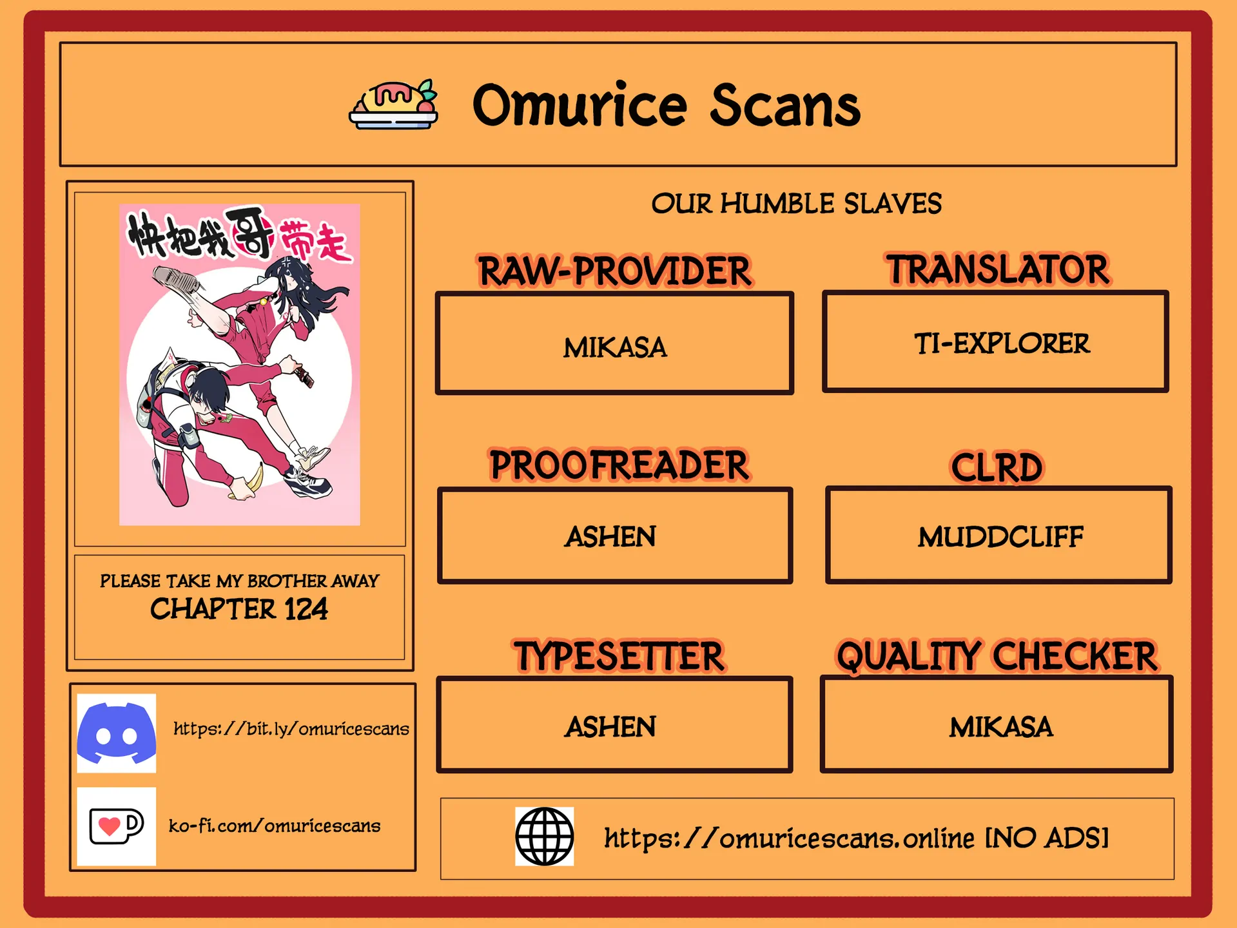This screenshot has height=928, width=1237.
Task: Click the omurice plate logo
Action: [x=394, y=104]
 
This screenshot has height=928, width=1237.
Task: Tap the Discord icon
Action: [x=116, y=733]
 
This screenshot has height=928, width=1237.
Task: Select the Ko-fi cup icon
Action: [x=116, y=826]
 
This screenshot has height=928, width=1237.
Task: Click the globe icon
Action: [x=544, y=836]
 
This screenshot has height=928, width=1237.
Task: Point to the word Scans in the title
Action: [x=784, y=106]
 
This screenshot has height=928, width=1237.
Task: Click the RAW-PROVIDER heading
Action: [x=614, y=271]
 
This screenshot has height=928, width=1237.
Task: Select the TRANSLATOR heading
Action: [x=997, y=269]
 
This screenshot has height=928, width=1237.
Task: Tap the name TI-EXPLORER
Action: [x=1002, y=343]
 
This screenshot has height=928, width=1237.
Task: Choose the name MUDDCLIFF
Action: [x=1000, y=537]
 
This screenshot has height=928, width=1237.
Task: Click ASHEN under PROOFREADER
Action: [x=610, y=537]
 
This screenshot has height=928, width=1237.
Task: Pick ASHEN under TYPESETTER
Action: [x=610, y=727]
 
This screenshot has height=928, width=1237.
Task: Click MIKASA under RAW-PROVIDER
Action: [x=615, y=348]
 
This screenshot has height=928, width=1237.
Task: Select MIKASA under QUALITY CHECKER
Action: [x=1000, y=728]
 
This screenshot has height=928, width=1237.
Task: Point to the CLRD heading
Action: [x=997, y=467]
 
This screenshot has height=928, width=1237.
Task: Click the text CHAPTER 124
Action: [x=239, y=609]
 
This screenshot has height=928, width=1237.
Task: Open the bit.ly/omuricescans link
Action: [x=291, y=728]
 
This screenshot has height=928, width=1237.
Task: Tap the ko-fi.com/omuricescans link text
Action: [x=275, y=826]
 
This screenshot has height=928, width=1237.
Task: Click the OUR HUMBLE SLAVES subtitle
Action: [x=796, y=204]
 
